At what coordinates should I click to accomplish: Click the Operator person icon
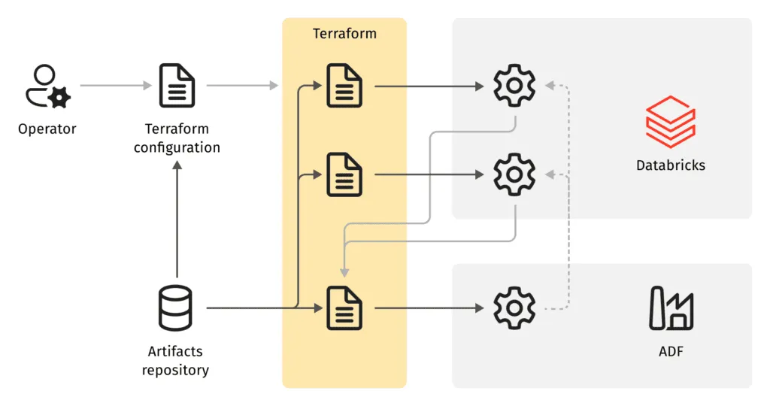(47, 86)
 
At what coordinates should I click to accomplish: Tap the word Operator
(47, 129)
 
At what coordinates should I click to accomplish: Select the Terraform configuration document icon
(177, 86)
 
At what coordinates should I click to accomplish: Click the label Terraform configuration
(177, 138)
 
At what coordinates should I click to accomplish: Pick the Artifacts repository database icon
(176, 308)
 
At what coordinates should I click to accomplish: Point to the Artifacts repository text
(175, 360)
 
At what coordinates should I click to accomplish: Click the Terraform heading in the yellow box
(344, 34)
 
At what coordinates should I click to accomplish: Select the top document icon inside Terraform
(344, 86)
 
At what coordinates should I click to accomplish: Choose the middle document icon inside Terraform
(344, 174)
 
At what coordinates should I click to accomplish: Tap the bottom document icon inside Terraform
(344, 308)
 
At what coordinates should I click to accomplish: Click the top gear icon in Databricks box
(514, 86)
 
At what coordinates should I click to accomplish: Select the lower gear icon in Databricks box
(514, 174)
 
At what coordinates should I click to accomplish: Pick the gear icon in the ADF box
(514, 308)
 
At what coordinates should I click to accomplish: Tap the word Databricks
(670, 165)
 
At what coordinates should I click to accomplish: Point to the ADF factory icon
(671, 308)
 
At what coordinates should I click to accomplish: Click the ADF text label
(671, 351)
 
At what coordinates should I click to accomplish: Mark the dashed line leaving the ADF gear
(556, 308)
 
